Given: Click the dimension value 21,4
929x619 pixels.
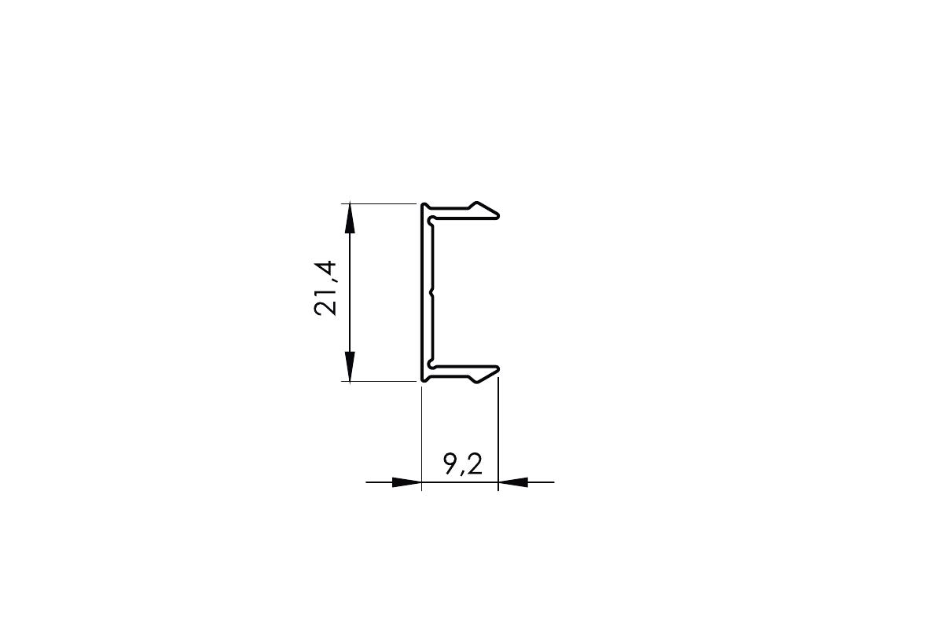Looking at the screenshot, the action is point(326,288).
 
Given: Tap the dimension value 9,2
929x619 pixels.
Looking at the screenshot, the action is point(463,463).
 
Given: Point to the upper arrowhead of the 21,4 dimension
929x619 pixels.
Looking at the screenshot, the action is point(351,218).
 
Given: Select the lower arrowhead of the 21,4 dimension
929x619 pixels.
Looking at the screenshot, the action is point(351,366).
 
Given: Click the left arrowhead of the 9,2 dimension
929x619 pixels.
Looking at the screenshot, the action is point(406,482).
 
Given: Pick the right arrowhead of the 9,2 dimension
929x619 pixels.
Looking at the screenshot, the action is point(513,482).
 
